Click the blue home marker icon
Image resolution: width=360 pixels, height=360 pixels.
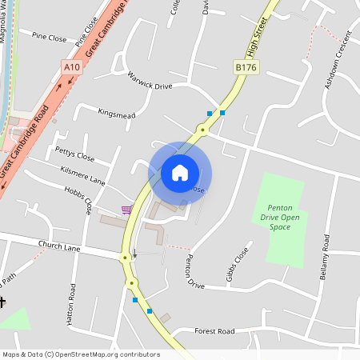[x=180, y=173]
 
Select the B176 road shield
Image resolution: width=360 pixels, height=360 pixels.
[x=246, y=70]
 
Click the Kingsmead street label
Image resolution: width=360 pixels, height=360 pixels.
[x=117, y=115]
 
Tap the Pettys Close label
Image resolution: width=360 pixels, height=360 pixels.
[x=74, y=153]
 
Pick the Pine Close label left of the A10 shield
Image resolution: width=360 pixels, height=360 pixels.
[x=49, y=36]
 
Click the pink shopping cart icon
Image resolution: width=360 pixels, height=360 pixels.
[x=126, y=210]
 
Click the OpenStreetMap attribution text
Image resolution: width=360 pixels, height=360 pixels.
[x=80, y=354]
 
